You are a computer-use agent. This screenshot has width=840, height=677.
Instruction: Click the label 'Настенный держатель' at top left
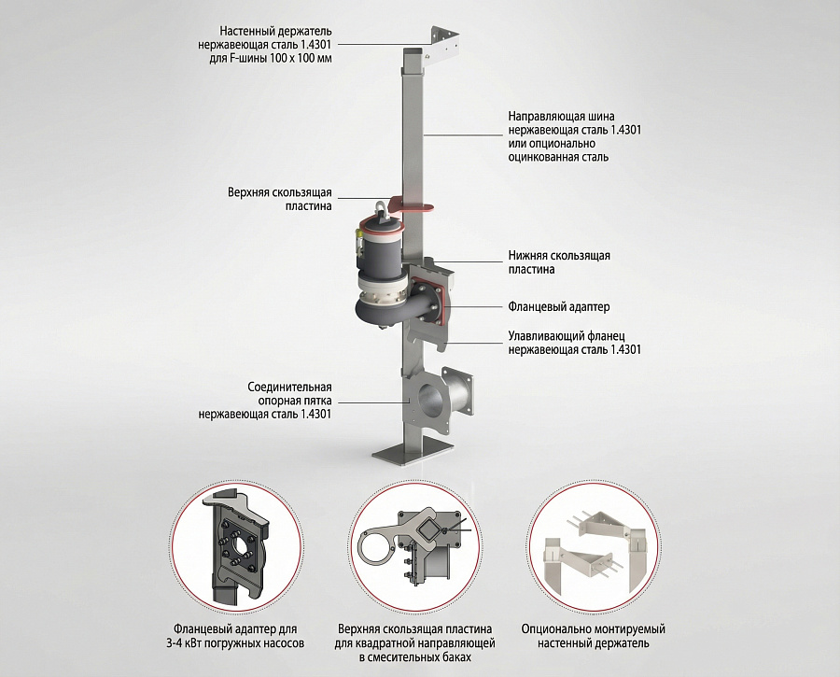point(275,31)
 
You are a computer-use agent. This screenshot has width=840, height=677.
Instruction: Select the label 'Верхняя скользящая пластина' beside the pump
point(280,199)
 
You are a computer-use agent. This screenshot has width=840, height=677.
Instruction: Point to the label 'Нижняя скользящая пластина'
point(559,262)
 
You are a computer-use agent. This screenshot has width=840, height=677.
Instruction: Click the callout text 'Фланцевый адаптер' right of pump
point(559,307)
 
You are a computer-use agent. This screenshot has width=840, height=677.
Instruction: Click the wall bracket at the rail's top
point(443,42)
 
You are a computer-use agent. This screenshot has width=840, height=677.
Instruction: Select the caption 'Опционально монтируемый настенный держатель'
point(593,636)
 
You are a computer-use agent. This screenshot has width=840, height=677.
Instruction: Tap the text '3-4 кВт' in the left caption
point(186,642)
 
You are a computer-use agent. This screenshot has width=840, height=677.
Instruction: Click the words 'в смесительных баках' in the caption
point(415,656)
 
